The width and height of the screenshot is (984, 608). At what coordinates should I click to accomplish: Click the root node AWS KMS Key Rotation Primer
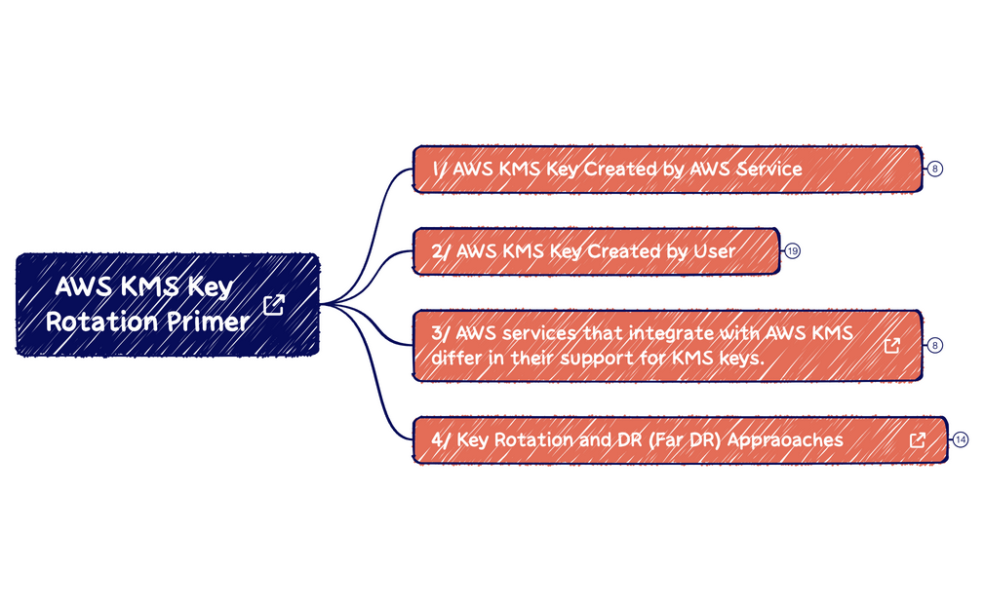168,305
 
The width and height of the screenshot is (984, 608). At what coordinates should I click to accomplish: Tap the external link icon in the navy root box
274,305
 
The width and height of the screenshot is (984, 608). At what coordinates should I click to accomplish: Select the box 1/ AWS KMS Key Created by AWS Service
668,169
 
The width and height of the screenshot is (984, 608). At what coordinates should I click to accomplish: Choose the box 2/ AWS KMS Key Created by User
596,251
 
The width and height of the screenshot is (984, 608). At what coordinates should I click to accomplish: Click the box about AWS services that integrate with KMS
668,345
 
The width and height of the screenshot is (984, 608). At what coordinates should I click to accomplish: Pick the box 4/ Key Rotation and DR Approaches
681,440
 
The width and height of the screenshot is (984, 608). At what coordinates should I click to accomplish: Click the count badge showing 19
793,251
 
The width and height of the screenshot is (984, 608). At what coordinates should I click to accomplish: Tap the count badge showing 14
961,440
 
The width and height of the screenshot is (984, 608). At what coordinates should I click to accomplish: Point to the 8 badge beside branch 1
935,169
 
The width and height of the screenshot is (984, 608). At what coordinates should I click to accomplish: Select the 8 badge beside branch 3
935,345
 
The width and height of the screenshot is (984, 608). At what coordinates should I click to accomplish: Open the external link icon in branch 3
892,345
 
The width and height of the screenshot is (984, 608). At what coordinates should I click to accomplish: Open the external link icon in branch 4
918,440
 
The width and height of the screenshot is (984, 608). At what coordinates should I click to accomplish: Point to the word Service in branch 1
768,169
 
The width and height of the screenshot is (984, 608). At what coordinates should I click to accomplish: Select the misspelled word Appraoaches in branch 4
785,440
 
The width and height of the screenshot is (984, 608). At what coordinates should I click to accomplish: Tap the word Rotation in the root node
101,323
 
